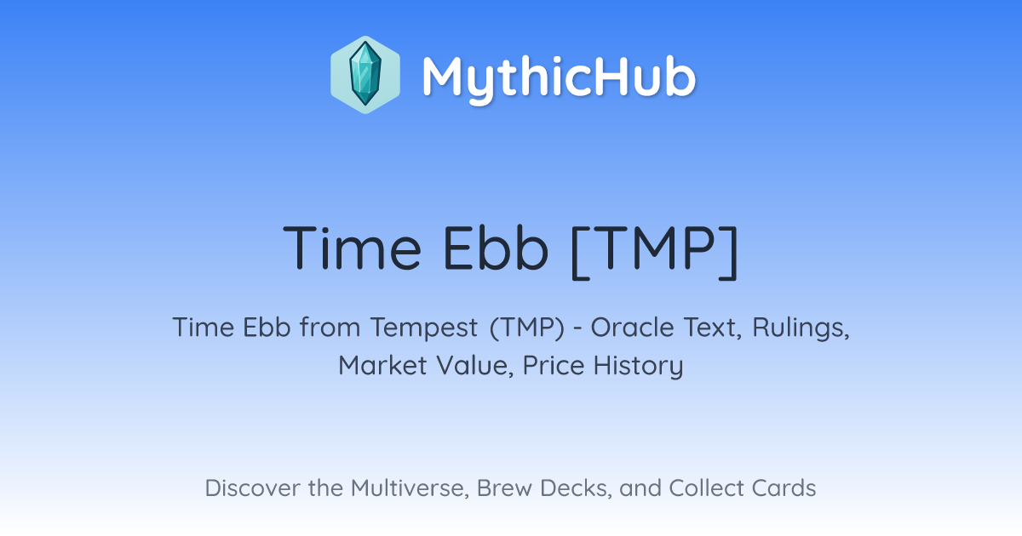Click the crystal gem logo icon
point(365,75)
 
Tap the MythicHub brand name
point(559,77)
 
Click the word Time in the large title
point(352,248)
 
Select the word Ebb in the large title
point(496,248)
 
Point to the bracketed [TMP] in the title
point(654,252)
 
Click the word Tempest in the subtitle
point(424,328)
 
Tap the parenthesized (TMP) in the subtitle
point(527,328)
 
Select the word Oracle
point(632,328)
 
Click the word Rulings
point(801,328)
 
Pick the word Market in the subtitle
point(382,366)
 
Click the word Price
point(554,366)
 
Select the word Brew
point(504,488)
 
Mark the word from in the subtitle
point(330,328)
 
